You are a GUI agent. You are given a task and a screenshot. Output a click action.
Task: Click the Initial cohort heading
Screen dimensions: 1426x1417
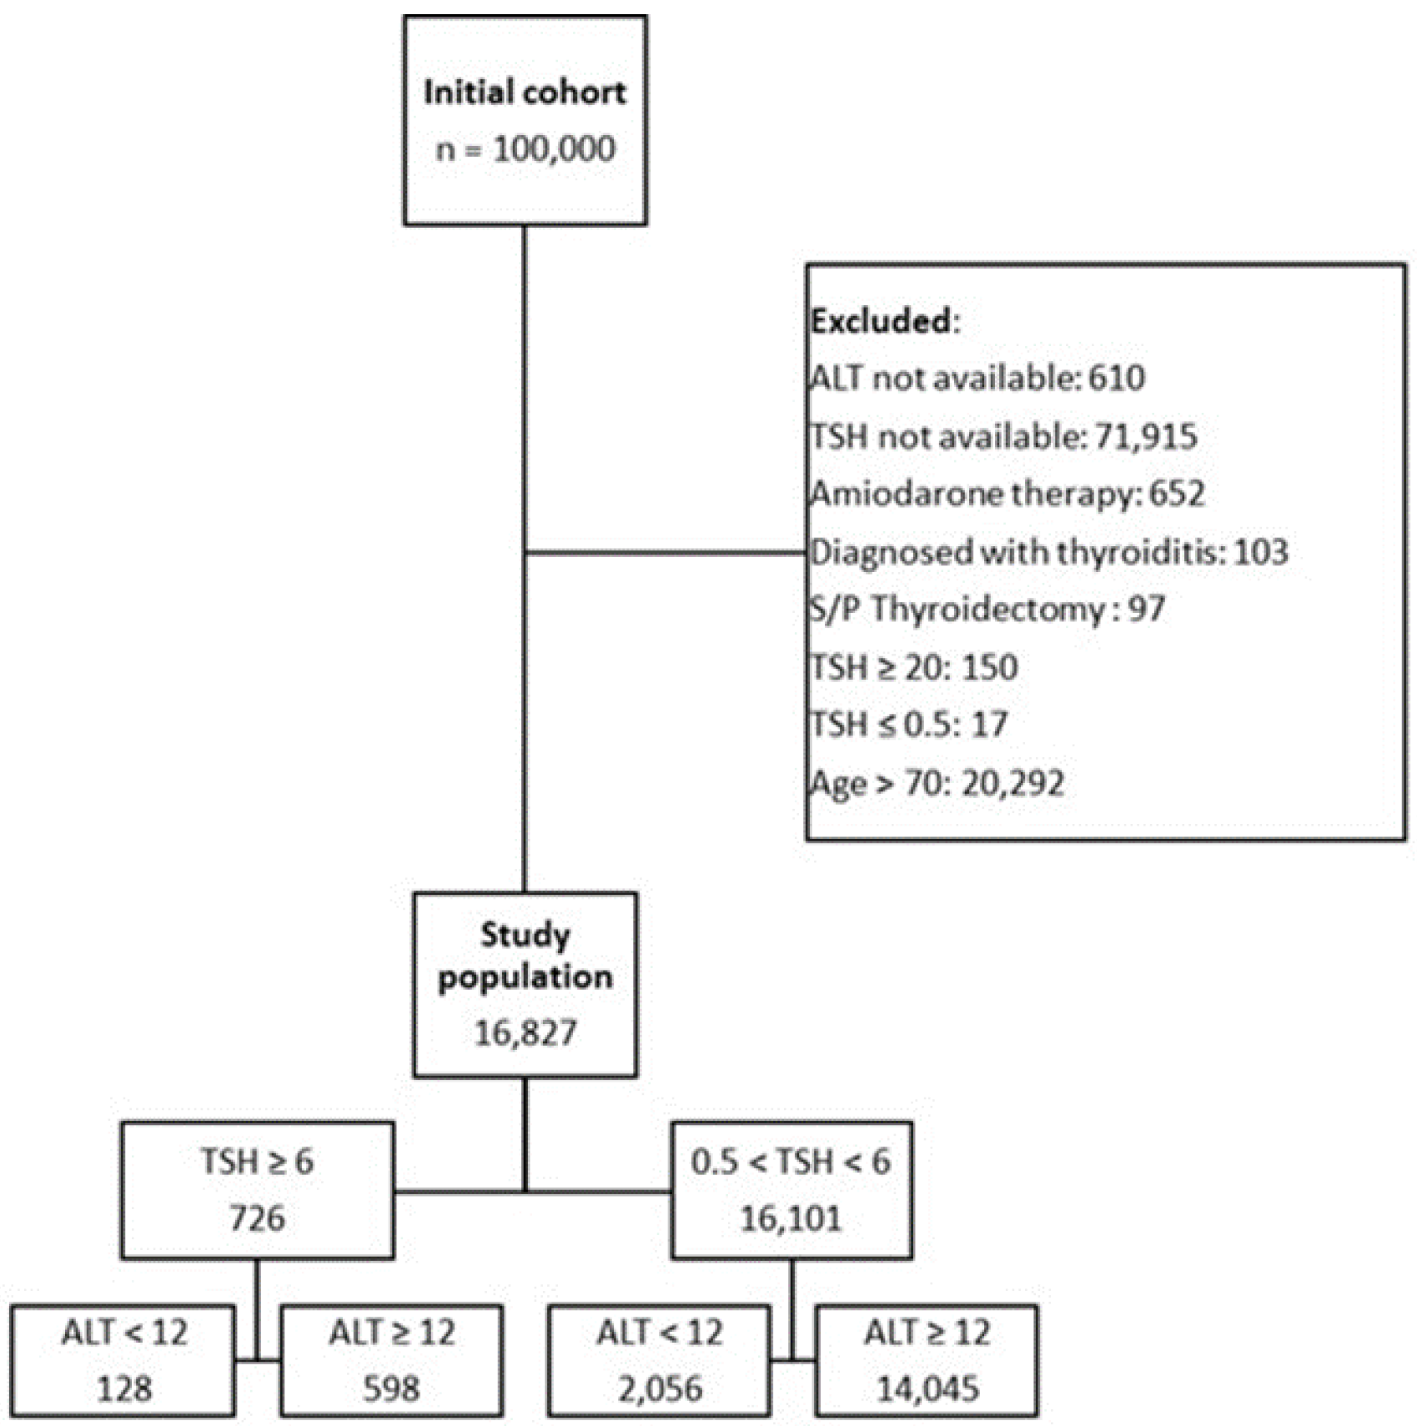[x=525, y=92]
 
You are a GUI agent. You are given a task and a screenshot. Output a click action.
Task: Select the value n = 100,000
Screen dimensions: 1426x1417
[x=525, y=149]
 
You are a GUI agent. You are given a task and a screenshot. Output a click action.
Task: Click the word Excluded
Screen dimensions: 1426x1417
[x=882, y=321]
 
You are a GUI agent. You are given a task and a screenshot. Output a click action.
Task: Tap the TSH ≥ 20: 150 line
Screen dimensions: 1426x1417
[x=914, y=667]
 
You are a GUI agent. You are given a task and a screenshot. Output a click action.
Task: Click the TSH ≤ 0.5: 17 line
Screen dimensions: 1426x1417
[x=909, y=724]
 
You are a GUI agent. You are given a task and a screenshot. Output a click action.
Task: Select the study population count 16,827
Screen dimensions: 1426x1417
[x=525, y=1033]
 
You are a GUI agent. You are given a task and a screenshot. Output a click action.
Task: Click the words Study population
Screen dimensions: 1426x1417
[x=525, y=956]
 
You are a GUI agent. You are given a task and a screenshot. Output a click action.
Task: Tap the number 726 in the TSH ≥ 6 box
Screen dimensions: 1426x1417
[x=257, y=1218]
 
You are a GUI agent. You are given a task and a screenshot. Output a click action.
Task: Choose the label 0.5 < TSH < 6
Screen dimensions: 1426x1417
[x=790, y=1162]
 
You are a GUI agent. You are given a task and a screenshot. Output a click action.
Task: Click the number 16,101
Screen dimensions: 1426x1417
[x=790, y=1219]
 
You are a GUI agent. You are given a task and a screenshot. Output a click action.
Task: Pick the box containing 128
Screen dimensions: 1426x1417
[x=123, y=1361]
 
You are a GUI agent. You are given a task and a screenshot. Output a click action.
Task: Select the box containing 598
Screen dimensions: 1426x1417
[x=391, y=1361]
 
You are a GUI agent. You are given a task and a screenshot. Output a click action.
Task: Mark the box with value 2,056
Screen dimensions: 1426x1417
[x=659, y=1361]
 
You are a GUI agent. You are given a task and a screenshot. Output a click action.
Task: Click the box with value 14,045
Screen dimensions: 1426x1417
[x=927, y=1361]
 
